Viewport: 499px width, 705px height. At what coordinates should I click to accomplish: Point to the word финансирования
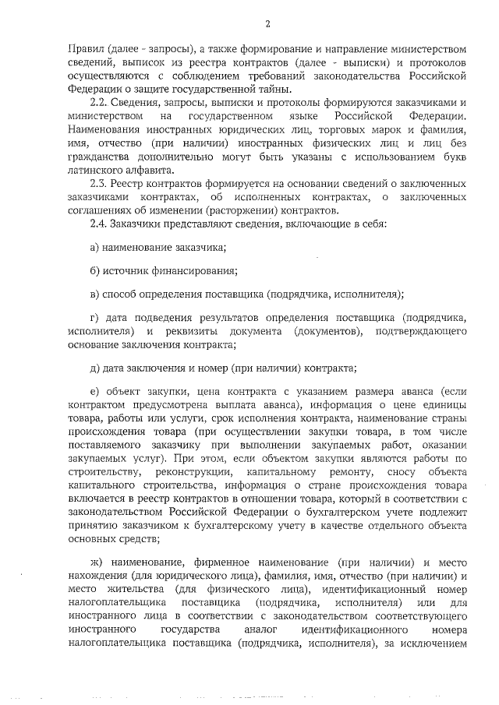tap(199, 270)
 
